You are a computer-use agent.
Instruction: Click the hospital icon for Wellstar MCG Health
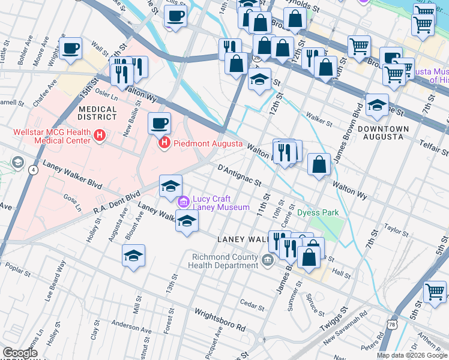(x=100, y=137)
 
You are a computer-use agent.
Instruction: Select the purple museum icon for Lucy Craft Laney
(x=183, y=200)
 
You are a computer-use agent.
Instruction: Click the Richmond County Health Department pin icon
(x=267, y=259)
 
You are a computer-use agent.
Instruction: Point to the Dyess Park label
(x=318, y=213)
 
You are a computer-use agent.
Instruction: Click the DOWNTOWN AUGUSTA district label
(x=383, y=133)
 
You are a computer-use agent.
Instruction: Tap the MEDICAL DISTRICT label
(x=100, y=112)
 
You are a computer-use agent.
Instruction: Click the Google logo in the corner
(x=19, y=353)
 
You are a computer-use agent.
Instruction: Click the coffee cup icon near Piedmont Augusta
(x=160, y=124)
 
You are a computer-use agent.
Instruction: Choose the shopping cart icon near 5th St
(x=435, y=292)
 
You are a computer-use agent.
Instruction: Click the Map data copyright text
(x=412, y=355)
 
